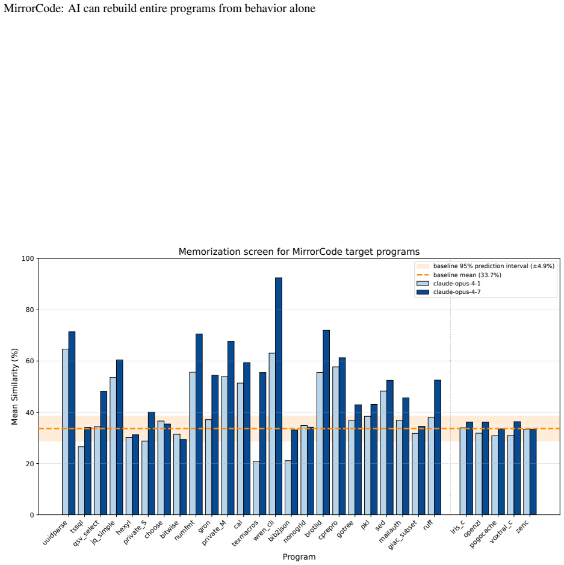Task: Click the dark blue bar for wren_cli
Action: click(279, 396)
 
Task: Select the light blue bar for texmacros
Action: click(256, 488)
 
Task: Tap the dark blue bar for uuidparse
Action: click(72, 423)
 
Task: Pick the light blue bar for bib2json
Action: click(288, 487)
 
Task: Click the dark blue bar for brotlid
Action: click(326, 422)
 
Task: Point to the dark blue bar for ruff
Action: click(438, 447)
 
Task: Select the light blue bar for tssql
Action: click(81, 481)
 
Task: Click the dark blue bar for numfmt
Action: click(199, 424)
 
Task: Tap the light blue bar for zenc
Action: click(527, 472)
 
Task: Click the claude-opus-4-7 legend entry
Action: click(448, 292)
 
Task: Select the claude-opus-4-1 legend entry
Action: click(448, 283)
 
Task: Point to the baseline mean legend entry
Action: click(459, 275)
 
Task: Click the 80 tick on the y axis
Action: click(30, 310)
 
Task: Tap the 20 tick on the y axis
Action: click(30, 464)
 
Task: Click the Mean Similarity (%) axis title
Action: click(14, 387)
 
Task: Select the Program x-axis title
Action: click(299, 557)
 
